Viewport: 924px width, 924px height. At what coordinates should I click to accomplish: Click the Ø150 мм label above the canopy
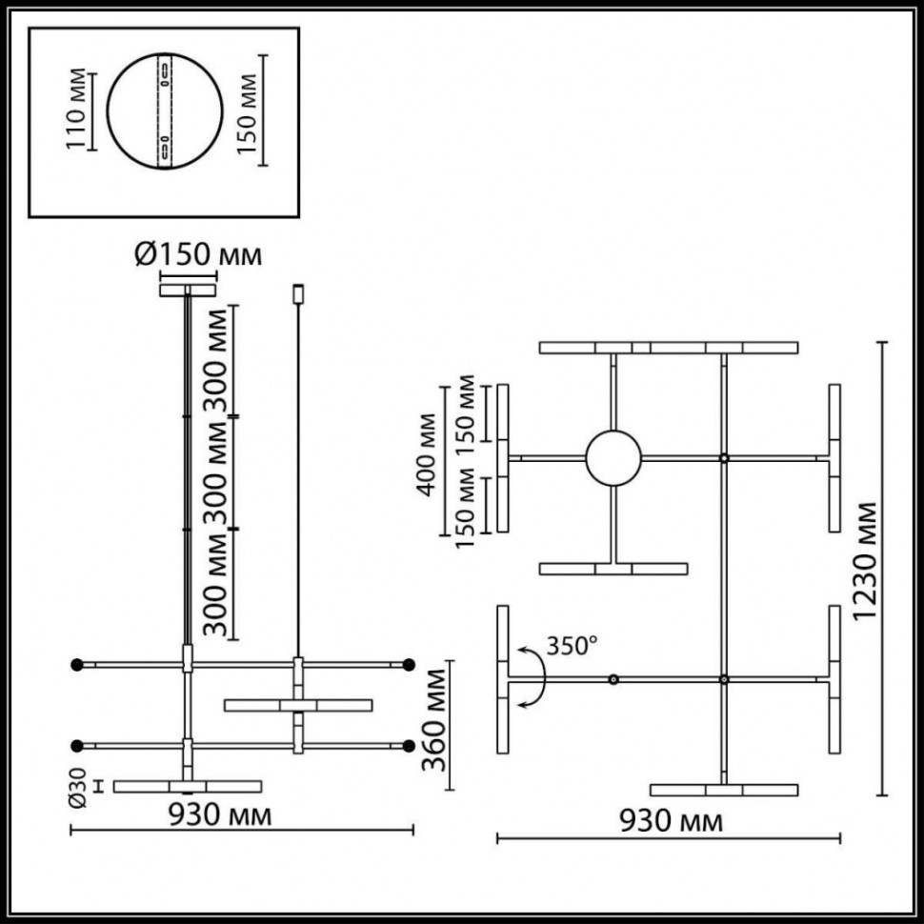tap(197, 254)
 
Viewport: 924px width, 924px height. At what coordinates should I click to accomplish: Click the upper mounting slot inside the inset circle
tap(167, 72)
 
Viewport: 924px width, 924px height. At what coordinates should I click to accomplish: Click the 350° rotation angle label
tap(572, 646)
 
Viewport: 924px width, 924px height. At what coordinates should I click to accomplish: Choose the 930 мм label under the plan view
tap(670, 821)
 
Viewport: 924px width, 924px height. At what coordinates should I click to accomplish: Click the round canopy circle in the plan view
tap(613, 458)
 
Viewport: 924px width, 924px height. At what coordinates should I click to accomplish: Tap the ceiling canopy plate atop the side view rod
tap(188, 288)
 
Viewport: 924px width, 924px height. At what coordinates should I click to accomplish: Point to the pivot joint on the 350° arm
tap(613, 679)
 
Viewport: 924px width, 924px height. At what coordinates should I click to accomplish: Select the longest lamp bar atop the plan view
tap(668, 348)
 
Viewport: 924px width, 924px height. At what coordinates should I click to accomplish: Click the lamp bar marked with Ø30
tap(187, 786)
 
